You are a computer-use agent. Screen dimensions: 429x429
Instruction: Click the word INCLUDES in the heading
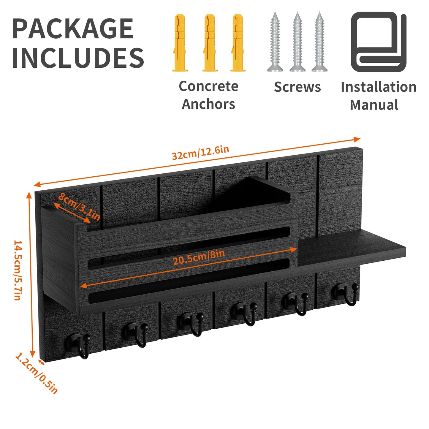pyautogui.click(x=78, y=57)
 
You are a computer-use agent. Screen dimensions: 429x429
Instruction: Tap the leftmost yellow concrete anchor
pyautogui.click(x=179, y=42)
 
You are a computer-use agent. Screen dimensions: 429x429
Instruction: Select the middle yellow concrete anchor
pyautogui.click(x=210, y=42)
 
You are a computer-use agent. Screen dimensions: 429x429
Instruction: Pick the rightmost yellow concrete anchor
pyautogui.click(x=238, y=42)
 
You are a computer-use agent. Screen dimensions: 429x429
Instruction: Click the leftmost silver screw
pyautogui.click(x=275, y=42)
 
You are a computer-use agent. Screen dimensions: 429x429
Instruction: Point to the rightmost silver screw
pyautogui.click(x=319, y=42)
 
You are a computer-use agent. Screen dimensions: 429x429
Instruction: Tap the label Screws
pyautogui.click(x=297, y=87)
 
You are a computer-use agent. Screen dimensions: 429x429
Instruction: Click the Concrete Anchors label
pyautogui.click(x=209, y=95)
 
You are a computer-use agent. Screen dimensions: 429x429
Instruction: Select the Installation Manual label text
pyautogui.click(x=379, y=96)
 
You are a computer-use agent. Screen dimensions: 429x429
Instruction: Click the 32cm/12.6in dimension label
pyautogui.click(x=200, y=153)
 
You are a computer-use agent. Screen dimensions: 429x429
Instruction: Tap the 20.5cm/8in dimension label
pyautogui.click(x=199, y=257)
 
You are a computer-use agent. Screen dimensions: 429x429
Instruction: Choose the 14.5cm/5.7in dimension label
pyautogui.click(x=17, y=270)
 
